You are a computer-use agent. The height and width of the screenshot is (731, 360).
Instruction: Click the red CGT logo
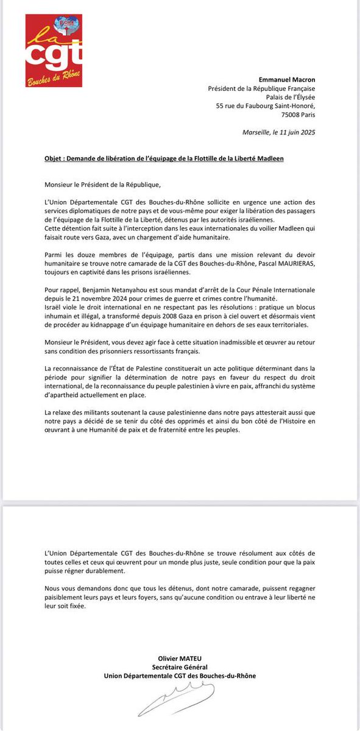(x=54, y=51)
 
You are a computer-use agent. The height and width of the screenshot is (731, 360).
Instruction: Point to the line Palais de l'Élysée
(x=289, y=97)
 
